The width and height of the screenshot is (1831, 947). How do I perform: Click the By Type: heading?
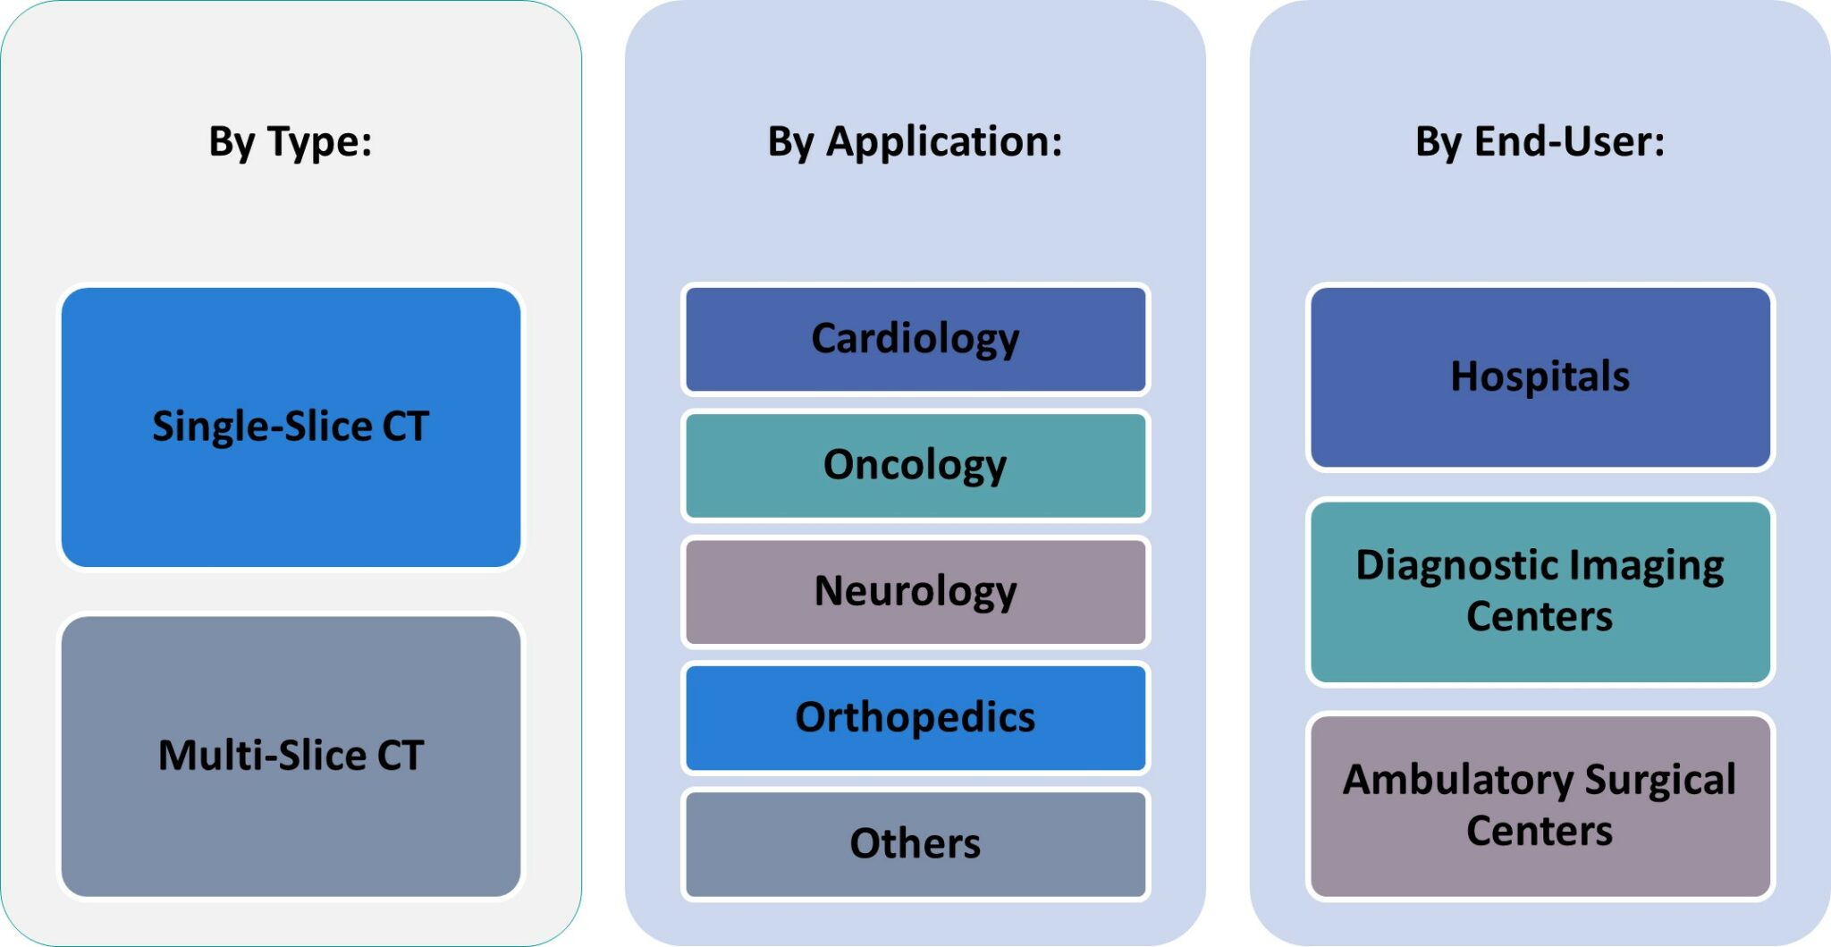point(290,141)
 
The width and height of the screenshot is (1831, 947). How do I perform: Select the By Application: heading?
point(915,141)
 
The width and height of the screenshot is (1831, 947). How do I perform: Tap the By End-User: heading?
point(1540,141)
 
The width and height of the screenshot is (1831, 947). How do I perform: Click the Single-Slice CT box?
point(291,427)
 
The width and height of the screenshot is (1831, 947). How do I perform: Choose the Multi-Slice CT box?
point(291,756)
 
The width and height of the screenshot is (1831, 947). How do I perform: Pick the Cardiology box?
point(915,339)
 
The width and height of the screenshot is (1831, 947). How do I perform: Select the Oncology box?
point(915,465)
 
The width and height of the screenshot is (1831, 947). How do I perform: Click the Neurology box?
point(915,591)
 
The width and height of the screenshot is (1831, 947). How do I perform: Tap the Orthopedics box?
point(915,717)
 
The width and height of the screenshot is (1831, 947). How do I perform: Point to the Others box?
point(915,843)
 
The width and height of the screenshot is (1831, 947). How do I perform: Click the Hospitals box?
point(1540,376)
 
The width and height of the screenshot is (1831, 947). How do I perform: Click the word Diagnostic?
point(1457,566)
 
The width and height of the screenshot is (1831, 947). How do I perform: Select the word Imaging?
point(1646,566)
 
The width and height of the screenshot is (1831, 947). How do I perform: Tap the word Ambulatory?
point(1457,780)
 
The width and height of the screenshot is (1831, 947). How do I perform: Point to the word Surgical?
point(1660,780)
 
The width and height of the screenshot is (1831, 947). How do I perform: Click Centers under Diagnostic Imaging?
point(1540,617)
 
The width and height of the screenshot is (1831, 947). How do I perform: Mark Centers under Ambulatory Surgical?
point(1540,831)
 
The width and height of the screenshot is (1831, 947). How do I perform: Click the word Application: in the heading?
point(944,141)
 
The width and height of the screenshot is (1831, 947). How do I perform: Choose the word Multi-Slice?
point(262,756)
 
